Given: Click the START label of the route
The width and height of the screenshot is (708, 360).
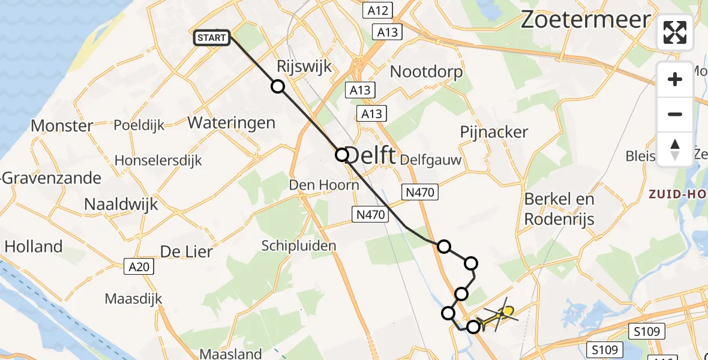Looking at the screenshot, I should (x=212, y=38).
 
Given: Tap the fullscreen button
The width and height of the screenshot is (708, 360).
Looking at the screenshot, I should (x=675, y=32).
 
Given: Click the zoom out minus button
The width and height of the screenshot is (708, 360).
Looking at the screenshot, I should (x=675, y=114).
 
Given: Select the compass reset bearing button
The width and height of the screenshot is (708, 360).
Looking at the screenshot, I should (x=675, y=149).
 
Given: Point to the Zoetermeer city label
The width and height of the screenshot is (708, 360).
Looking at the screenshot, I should (x=585, y=20).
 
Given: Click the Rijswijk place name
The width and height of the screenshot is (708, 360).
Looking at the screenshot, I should (x=304, y=67).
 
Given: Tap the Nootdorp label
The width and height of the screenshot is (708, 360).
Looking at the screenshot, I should (x=426, y=73).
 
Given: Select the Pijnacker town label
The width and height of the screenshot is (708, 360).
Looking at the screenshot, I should (x=494, y=132).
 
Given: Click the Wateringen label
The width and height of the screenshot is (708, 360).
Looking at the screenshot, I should (x=232, y=123).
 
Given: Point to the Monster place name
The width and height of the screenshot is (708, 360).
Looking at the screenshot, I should (x=62, y=126).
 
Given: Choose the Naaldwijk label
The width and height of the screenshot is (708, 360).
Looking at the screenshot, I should (x=121, y=203).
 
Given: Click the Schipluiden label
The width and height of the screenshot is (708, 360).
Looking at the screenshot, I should (x=298, y=245).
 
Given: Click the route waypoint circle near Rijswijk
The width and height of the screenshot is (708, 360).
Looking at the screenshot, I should (x=278, y=86).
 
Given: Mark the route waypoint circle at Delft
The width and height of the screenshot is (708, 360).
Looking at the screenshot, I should (x=341, y=155).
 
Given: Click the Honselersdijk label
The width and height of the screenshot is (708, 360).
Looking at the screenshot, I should (x=158, y=161).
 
